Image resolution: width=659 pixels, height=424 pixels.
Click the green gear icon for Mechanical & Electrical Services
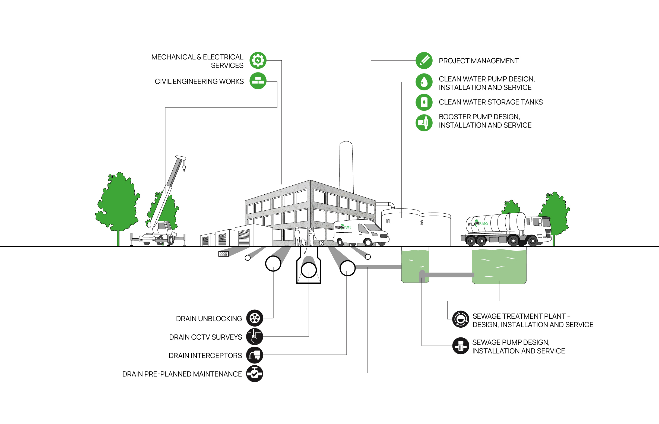(258, 60)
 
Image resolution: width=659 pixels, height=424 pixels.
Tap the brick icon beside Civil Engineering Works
(258, 81)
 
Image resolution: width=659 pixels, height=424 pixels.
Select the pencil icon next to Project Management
(424, 61)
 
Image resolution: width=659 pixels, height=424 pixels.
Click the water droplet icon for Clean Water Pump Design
(424, 82)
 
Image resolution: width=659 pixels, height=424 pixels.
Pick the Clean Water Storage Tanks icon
(424, 102)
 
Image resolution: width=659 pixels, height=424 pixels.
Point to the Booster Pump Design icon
(424, 122)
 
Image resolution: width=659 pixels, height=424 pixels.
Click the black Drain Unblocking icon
(254, 318)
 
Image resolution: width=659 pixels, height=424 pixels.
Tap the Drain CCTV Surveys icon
(254, 336)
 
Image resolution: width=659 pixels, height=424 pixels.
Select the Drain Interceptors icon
(254, 355)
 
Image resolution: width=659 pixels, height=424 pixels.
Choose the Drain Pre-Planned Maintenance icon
(254, 374)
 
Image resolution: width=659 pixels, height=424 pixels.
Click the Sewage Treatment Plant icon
(461, 319)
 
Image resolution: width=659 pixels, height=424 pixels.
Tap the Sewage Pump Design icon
(461, 346)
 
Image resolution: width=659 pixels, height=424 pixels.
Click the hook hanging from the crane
(184, 168)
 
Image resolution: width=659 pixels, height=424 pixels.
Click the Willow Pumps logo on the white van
(343, 227)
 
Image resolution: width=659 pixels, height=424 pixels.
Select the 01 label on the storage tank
(388, 221)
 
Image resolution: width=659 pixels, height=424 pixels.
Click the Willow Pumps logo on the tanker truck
(478, 224)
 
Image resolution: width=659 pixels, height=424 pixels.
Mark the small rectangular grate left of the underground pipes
(223, 254)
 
